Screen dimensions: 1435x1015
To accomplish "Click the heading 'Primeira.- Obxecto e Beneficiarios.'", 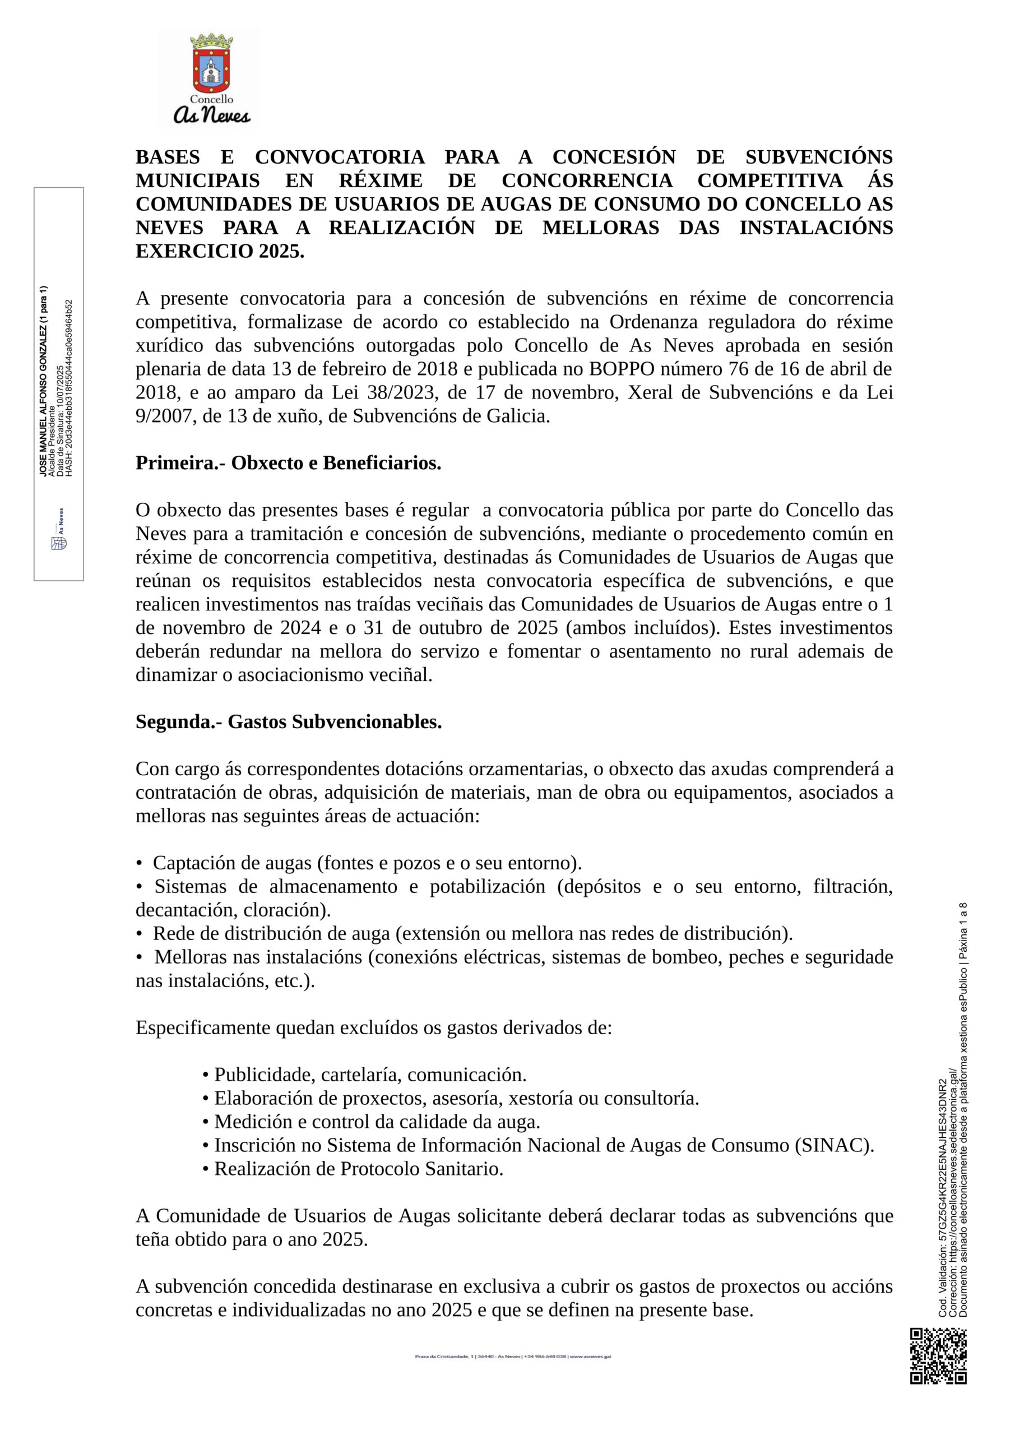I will tap(288, 464).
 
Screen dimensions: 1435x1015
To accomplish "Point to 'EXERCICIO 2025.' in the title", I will tap(220, 252).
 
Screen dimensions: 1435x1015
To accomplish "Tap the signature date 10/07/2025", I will tap(60, 386).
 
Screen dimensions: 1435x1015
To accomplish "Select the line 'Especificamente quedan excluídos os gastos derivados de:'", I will tap(373, 1028).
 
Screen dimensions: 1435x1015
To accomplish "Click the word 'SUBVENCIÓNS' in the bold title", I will tap(819, 158).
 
